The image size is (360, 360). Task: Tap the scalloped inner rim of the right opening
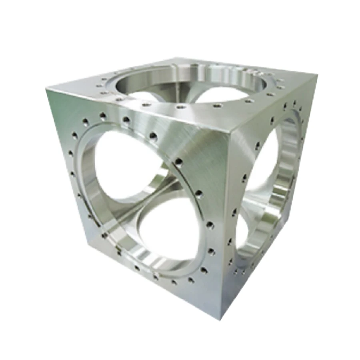[x=286, y=176]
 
